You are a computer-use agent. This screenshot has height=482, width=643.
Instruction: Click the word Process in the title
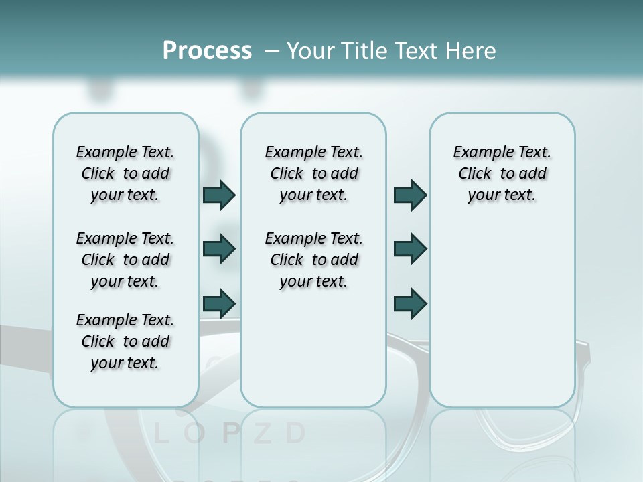pyautogui.click(x=206, y=51)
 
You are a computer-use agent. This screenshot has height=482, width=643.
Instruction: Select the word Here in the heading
pyautogui.click(x=470, y=51)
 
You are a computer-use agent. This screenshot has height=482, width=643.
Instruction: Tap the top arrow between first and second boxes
pyautogui.click(x=219, y=195)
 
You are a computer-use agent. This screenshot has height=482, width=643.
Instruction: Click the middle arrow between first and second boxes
pyautogui.click(x=219, y=249)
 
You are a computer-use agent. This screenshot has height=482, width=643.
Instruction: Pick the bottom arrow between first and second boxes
pyautogui.click(x=219, y=303)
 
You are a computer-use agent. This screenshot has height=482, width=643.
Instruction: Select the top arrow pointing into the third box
pyautogui.click(x=410, y=195)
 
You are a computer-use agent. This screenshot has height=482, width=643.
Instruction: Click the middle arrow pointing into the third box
pyautogui.click(x=410, y=249)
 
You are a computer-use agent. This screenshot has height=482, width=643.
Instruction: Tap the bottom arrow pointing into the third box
pyautogui.click(x=410, y=303)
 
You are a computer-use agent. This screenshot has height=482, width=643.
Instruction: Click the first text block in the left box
pyautogui.click(x=125, y=173)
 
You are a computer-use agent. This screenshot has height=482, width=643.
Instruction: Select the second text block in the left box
pyautogui.click(x=125, y=260)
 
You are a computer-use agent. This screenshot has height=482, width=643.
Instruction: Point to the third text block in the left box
pyautogui.click(x=125, y=341)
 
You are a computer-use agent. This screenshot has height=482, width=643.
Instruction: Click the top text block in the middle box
pyautogui.click(x=313, y=173)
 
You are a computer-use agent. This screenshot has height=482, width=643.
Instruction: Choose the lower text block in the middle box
pyautogui.click(x=313, y=260)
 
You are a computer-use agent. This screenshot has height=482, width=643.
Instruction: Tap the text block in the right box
pyautogui.click(x=502, y=173)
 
